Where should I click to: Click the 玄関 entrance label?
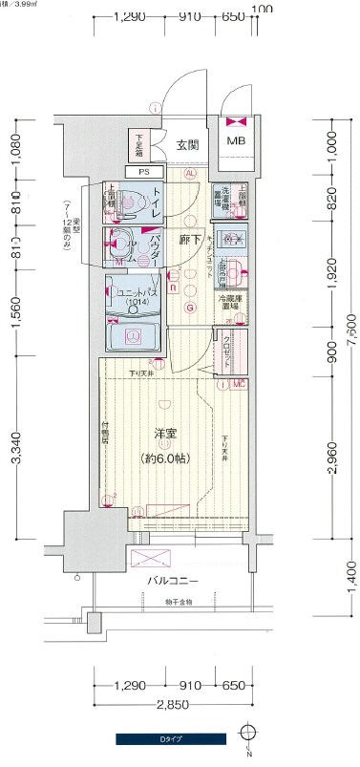(187, 145)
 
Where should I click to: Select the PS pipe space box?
(143, 172)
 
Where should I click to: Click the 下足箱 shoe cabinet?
(139, 144)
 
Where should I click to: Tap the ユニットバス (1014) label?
(143, 297)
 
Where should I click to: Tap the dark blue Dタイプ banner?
(171, 737)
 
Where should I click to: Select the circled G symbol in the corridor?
(190, 308)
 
